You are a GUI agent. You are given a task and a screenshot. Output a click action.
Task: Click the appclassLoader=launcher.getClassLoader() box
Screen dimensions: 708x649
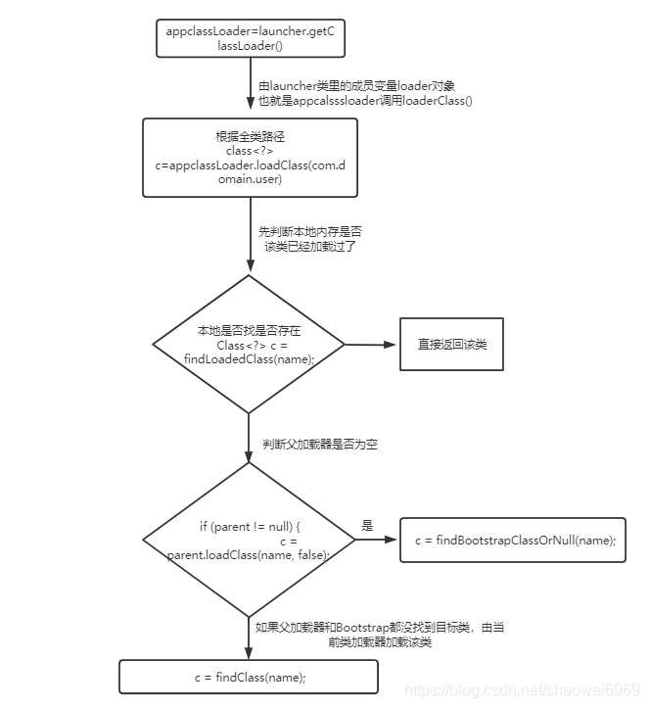(x=250, y=38)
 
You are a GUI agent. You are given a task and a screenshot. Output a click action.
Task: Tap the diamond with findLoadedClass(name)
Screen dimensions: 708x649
(x=249, y=345)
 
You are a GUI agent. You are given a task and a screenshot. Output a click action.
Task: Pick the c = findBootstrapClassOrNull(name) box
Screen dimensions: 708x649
(x=513, y=540)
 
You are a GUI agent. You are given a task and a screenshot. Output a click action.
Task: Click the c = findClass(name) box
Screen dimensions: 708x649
(x=249, y=677)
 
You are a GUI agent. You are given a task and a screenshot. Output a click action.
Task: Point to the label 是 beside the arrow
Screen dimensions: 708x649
(x=368, y=526)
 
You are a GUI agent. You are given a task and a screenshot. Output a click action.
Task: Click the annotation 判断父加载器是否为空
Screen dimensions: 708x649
(x=319, y=445)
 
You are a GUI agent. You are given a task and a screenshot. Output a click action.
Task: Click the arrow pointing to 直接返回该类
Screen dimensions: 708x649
(x=371, y=345)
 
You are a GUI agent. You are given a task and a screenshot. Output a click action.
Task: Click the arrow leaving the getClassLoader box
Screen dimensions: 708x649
(x=250, y=88)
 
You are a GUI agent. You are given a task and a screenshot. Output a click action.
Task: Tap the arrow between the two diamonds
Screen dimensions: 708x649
(x=249, y=438)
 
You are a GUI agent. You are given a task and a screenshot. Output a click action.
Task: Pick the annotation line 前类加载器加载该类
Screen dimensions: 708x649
(x=380, y=642)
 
